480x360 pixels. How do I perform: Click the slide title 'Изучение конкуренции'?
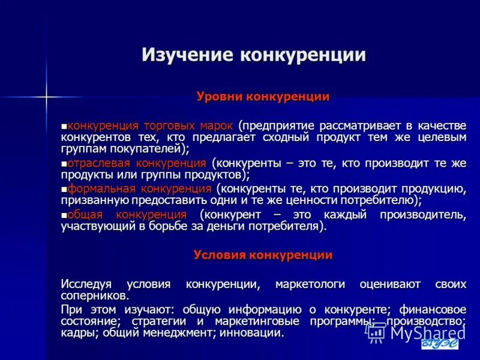tap(254, 55)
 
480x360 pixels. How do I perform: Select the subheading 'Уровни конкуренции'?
tap(263, 97)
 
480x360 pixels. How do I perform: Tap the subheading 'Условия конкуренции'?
tap(263, 255)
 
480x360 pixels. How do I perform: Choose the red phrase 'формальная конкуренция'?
tap(139, 189)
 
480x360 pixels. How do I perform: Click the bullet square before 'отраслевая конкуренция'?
tap(64, 164)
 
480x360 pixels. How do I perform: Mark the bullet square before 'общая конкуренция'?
tap(64, 215)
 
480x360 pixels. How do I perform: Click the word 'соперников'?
tap(93, 296)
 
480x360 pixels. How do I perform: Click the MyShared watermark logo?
tap(414, 332)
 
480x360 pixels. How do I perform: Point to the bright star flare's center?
tap(46, 95)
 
